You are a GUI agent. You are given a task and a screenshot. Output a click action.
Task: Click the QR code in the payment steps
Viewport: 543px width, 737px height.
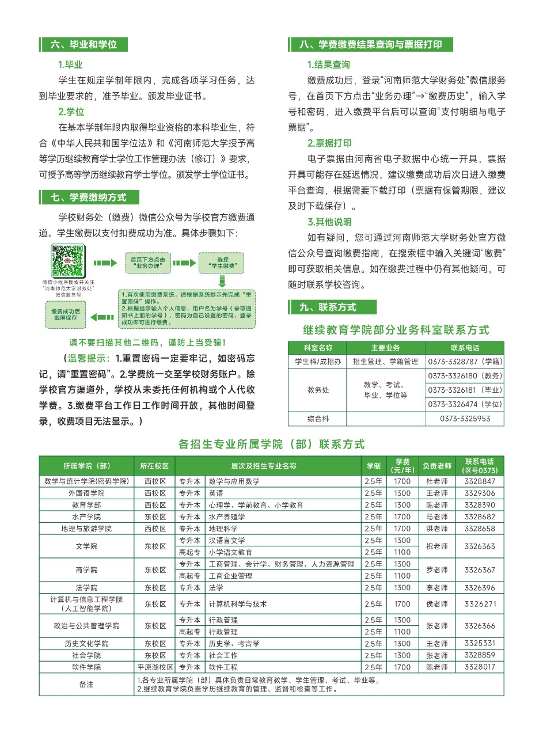[69, 261]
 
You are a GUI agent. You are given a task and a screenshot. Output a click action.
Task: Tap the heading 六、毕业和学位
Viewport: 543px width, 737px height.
[83, 44]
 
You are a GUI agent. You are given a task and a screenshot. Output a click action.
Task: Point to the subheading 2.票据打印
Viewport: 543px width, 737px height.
[329, 143]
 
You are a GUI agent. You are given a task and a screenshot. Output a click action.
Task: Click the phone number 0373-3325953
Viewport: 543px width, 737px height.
[465, 419]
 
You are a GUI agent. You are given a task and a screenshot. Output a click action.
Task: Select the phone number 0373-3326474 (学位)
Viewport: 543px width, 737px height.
[465, 404]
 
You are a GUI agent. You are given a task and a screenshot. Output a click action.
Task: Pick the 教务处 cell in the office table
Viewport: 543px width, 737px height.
[318, 390]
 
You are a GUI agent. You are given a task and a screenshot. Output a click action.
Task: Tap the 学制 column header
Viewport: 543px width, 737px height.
[373, 465]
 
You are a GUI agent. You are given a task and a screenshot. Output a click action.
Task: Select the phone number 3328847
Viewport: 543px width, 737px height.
[480, 481]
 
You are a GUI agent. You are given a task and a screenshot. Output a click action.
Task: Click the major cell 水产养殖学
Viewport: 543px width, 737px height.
[227, 516]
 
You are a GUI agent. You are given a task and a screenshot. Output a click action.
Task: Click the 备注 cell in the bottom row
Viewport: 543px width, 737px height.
[86, 685]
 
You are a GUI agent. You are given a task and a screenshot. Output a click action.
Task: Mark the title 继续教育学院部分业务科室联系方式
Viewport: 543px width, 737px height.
[396, 330]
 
